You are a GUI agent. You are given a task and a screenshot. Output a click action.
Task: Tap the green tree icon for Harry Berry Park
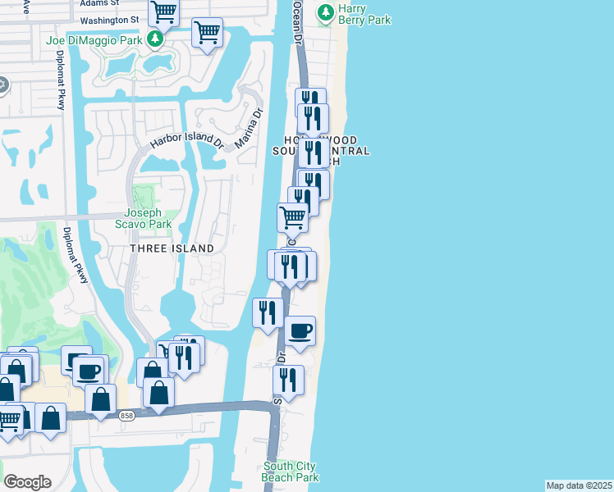point(327,11)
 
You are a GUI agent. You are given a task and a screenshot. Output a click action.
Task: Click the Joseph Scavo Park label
point(142,218)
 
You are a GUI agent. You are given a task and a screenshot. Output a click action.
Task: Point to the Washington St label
point(111,20)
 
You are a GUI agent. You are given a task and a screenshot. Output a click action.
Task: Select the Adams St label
point(99,3)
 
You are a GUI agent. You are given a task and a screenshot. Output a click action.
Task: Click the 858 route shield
point(125,416)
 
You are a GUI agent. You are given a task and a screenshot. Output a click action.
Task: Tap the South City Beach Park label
point(289,471)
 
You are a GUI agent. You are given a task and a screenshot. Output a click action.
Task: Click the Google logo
point(27,482)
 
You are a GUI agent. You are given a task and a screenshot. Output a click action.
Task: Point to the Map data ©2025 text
point(579,485)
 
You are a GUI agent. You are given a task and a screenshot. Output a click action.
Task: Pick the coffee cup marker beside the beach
point(300,330)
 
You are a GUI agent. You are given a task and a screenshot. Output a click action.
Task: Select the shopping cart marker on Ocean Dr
point(293,217)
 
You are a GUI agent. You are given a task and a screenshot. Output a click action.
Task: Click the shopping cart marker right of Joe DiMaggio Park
point(207,33)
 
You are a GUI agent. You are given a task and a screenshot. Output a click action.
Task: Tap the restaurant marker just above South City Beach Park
point(288,380)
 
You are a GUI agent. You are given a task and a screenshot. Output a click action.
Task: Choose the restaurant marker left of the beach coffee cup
point(268,312)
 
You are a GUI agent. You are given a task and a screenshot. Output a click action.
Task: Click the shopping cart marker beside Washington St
point(164,12)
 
